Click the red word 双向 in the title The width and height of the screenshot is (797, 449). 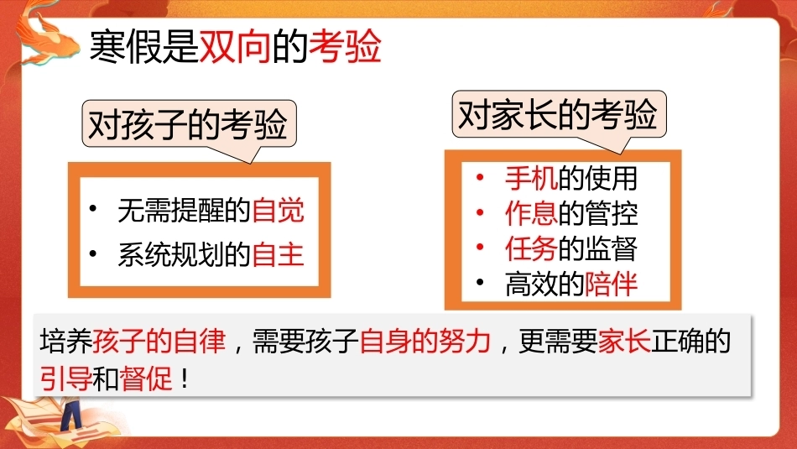point(235,47)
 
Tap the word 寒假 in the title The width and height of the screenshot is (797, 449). point(126,47)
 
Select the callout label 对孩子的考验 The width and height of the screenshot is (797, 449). point(189,124)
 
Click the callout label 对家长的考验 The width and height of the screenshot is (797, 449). point(559,115)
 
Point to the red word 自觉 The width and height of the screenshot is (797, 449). point(278,210)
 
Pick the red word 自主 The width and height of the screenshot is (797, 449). point(278,254)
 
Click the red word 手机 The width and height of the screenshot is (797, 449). point(531,178)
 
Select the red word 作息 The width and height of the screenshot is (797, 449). point(531,213)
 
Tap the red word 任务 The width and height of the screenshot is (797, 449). point(531,248)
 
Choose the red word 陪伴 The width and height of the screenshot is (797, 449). point(611,284)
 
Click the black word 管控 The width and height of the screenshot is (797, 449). point(611,213)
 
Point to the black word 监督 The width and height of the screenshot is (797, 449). point(611,248)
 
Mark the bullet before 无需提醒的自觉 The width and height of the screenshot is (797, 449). point(93,208)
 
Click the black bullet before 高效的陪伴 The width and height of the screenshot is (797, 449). point(481,282)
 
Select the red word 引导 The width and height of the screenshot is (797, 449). point(66,379)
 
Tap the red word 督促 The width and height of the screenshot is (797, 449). point(146,379)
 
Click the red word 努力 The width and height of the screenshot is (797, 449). point(465,341)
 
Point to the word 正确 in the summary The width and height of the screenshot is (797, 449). point(677,341)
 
